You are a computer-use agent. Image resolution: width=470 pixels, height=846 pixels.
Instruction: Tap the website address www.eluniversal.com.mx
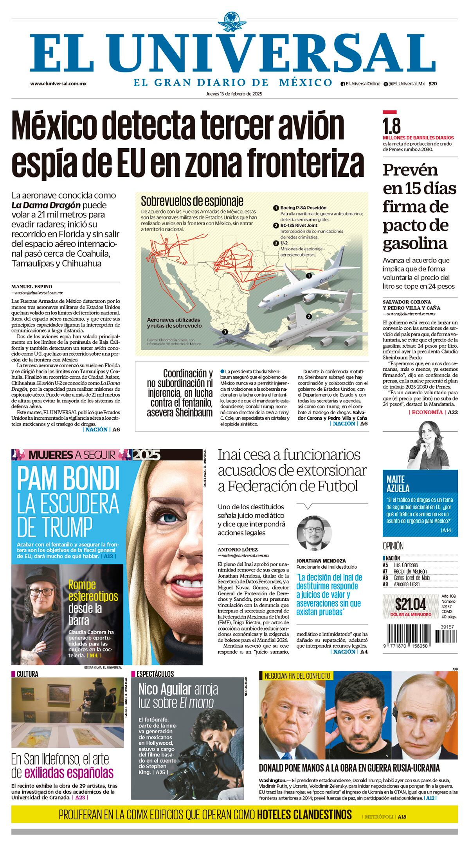pyautogui.click(x=58, y=84)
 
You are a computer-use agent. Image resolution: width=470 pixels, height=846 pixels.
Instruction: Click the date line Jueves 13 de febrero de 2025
pyautogui.click(x=234, y=94)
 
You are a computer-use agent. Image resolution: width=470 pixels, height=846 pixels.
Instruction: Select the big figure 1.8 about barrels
pyautogui.click(x=392, y=126)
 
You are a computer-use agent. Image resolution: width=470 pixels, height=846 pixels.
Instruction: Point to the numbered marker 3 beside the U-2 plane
pyautogui.click(x=225, y=332)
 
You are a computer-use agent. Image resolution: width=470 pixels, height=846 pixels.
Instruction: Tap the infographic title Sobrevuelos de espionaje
pyautogui.click(x=192, y=201)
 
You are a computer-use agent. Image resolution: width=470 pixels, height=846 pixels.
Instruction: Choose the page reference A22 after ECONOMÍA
pyautogui.click(x=453, y=412)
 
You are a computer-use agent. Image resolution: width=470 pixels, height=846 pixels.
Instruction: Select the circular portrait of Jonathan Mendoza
pyautogui.click(x=314, y=533)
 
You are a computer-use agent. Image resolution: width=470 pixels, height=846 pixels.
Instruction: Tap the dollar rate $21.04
pyautogui.click(x=410, y=605)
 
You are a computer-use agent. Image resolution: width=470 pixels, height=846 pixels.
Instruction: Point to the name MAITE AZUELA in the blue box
pyautogui.click(x=398, y=483)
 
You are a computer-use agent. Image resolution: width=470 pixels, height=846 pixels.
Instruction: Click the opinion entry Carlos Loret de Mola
pyautogui.click(x=411, y=577)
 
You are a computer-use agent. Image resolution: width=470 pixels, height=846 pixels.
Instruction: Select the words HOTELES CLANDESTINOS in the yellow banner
pyautogui.click(x=304, y=814)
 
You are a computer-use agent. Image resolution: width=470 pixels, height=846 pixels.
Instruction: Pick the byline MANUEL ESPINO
pyautogui.click(x=32, y=286)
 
